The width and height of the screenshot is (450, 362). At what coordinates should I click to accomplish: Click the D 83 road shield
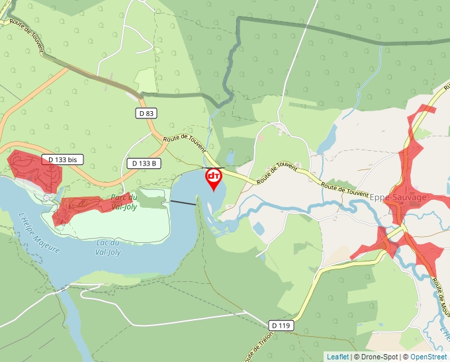click(x=147, y=113)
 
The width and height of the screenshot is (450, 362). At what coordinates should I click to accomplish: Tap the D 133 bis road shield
click(x=64, y=159)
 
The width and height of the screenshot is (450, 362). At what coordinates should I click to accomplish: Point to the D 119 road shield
click(x=281, y=325)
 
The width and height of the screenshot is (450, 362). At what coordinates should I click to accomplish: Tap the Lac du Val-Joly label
click(x=108, y=247)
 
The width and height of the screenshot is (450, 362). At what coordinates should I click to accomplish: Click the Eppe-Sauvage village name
click(x=398, y=197)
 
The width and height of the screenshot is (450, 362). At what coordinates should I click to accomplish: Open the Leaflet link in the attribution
click(x=337, y=357)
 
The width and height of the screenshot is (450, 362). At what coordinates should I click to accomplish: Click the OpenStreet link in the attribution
click(x=428, y=357)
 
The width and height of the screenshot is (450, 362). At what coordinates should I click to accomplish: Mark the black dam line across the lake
click(x=183, y=203)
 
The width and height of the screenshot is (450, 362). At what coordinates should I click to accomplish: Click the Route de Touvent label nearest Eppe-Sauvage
click(x=345, y=189)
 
